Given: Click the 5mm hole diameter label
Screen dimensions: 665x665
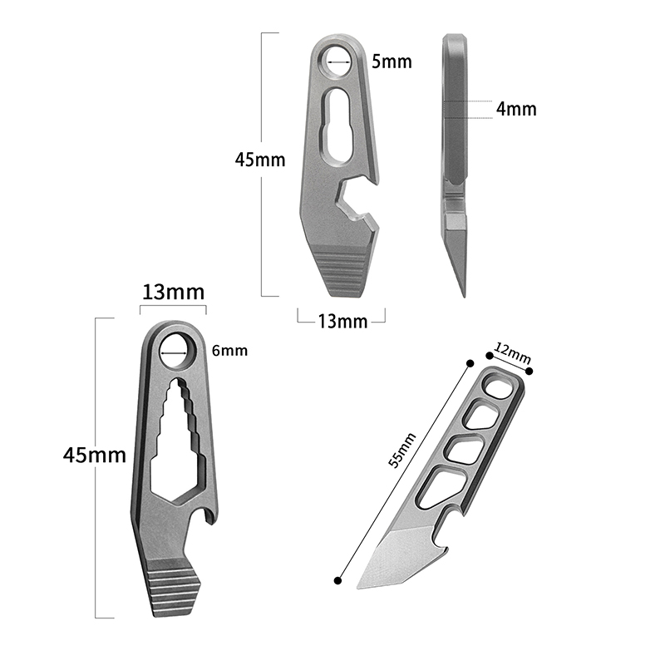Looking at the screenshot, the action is (392, 62).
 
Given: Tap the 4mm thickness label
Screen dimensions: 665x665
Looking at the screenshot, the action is (516, 109).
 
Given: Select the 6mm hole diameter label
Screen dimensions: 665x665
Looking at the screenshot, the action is (229, 351).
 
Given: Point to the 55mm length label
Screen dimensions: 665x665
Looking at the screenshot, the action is (402, 450).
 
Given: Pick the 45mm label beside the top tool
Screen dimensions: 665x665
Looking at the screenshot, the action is (260, 160).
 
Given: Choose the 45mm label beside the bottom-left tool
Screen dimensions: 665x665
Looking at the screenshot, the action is (95, 455).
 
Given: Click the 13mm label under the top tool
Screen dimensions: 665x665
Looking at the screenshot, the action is (342, 322).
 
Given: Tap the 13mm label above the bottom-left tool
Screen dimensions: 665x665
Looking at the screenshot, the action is (173, 293).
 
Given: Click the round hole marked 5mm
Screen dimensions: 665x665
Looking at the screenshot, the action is (338, 62).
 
